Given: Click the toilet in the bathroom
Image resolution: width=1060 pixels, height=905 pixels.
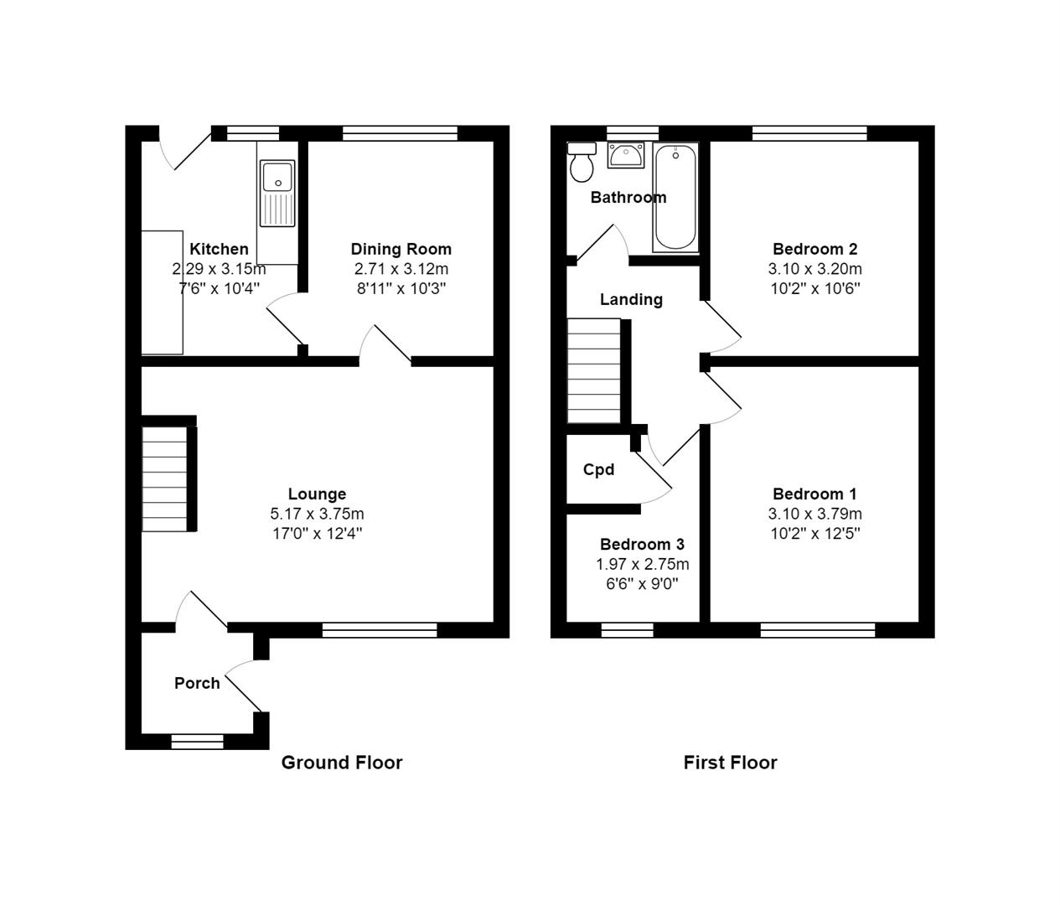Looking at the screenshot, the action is (582, 162).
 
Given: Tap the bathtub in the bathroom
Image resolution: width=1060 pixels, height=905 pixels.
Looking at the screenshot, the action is (675, 198).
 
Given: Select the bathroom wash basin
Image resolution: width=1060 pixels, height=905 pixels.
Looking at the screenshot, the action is (626, 155).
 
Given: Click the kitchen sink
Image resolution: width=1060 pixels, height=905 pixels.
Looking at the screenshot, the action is (277, 194).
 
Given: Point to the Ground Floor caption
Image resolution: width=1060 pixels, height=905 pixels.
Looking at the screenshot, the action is (342, 763).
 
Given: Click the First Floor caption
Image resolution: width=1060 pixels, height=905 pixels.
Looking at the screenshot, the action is (730, 763).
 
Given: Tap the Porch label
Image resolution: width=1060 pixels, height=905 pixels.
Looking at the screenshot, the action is (197, 683).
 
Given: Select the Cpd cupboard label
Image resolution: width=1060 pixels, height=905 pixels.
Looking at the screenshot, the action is (598, 469).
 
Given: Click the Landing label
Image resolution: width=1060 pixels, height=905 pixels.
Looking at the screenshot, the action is (631, 299).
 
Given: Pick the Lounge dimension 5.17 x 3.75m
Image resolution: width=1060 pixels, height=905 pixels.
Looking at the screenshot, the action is (317, 514).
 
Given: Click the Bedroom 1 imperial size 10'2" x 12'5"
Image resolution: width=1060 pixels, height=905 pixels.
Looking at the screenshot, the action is (814, 534).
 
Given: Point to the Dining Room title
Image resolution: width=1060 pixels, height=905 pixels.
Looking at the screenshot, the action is (401, 249).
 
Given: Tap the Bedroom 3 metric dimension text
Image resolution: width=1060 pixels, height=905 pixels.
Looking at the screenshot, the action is (642, 564).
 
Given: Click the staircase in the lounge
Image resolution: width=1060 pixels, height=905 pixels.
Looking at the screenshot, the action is (164, 479).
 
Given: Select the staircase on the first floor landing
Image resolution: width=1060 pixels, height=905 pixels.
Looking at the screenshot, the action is (594, 370).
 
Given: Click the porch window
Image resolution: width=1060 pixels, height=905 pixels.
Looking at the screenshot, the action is (198, 742).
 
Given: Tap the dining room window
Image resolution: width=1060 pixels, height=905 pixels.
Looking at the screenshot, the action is (400, 133).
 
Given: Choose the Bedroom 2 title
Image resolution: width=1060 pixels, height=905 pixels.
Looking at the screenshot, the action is (814, 249).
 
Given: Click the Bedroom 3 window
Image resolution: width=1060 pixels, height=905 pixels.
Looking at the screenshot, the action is (627, 630).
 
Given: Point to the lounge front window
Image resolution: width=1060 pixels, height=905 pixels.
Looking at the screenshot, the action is (380, 630).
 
